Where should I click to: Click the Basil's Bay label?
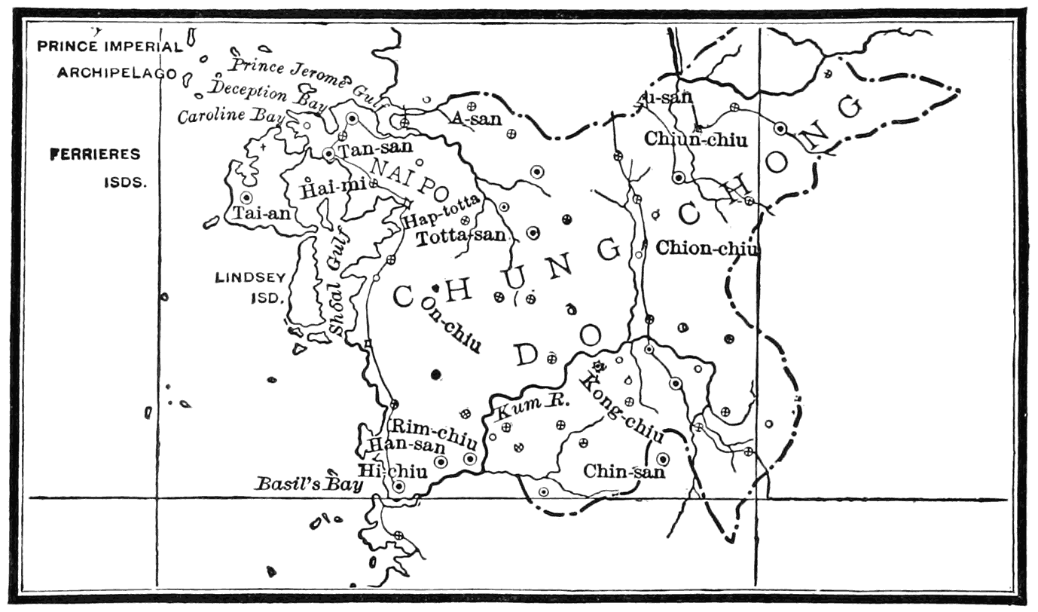click(x=307, y=483)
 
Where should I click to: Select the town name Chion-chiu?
click(x=707, y=248)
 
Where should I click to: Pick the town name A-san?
click(x=476, y=119)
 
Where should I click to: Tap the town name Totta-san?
click(x=460, y=236)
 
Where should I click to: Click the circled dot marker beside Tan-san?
click(x=328, y=153)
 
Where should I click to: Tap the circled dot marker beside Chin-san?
click(x=663, y=458)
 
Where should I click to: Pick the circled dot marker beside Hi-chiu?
click(x=399, y=486)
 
